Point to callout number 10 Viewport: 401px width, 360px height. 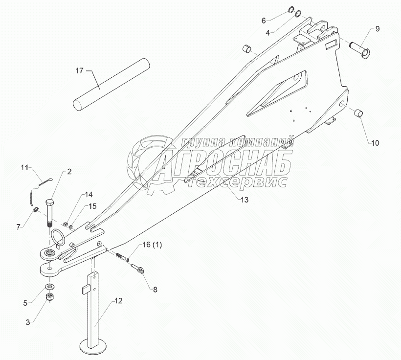coord(375,143)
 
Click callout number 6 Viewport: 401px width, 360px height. coord(263,21)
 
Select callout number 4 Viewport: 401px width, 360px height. coord(267,33)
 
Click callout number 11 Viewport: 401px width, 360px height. coord(25,168)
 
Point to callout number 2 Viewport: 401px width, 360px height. coord(69,171)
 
